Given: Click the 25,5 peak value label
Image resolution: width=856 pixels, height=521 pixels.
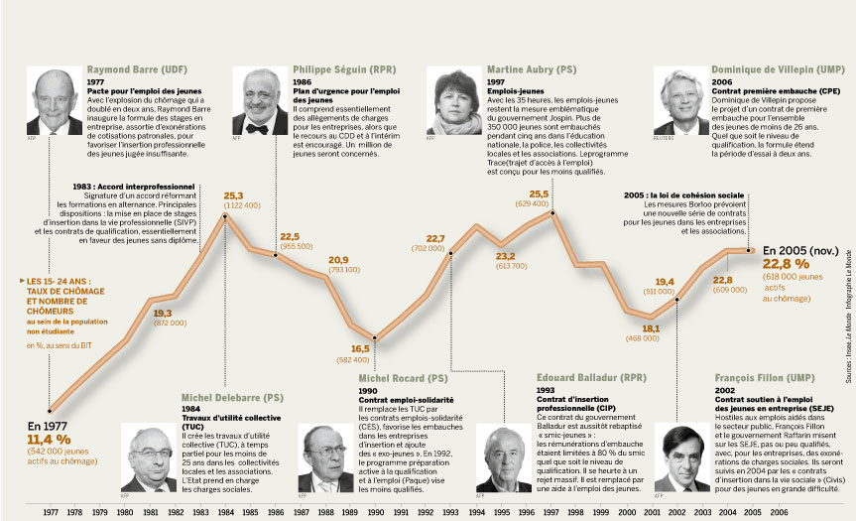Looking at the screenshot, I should point(540,194).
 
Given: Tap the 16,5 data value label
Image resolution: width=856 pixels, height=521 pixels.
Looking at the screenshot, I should point(360,348).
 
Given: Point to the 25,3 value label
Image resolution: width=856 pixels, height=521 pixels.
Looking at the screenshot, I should point(233,195).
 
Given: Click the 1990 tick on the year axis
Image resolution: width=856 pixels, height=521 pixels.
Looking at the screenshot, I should point(375,511).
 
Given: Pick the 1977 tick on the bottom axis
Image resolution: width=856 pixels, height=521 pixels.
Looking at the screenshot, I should point(52,511).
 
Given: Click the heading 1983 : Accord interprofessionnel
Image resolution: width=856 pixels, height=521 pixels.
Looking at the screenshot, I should point(134,186).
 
